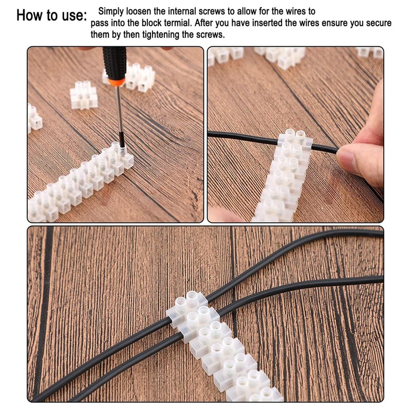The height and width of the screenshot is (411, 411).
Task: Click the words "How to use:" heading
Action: [51, 15]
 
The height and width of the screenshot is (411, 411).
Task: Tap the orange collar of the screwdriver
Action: [117, 82]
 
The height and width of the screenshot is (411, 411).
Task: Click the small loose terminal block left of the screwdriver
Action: [84, 95]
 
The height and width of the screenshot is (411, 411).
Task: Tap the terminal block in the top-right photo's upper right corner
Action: [370, 52]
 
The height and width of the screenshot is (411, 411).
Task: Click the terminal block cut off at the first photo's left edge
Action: [34, 118]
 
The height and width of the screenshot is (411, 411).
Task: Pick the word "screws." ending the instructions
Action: [211, 34]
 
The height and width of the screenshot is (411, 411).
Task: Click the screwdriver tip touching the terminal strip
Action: [122, 147]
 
